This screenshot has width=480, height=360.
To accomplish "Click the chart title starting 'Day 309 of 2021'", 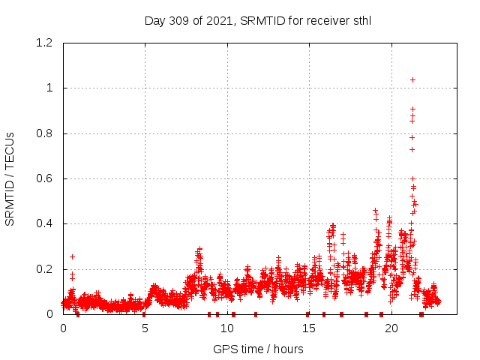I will (257, 21).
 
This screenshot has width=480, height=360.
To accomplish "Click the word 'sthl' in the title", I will (360, 21).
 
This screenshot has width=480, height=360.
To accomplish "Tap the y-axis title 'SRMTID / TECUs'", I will (10, 178).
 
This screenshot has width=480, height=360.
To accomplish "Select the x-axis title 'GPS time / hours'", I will (258, 349).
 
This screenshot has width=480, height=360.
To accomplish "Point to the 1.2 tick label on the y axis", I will (44, 43).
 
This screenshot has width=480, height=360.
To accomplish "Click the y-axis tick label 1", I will (50, 88).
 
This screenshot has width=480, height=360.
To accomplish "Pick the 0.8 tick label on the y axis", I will (44, 133).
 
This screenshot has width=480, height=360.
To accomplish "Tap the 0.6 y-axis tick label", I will (44, 178).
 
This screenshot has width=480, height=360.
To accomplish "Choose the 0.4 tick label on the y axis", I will (44, 224).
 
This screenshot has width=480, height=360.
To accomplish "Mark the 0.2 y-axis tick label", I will (44, 269).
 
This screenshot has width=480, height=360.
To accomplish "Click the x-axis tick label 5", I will (145, 328).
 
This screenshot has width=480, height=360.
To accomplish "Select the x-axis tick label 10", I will (227, 328).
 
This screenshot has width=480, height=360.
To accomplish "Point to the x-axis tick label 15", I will (309, 328).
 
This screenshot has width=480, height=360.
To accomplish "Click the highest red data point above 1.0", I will (412, 79).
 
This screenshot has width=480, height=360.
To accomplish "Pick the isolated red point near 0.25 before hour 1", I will (72, 256).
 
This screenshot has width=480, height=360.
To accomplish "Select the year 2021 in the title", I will (219, 21).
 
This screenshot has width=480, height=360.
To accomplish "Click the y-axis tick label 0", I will (50, 314).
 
